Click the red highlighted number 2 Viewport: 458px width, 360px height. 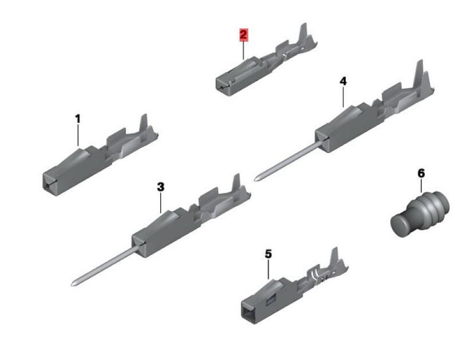244,35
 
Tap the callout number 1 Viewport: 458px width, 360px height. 77,119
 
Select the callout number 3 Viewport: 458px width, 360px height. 161,187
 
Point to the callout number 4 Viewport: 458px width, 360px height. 343,81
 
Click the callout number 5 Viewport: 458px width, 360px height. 268,254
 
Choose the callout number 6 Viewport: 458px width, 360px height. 421,173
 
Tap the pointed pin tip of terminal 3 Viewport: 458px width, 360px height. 73,283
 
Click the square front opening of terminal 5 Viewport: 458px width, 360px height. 247,314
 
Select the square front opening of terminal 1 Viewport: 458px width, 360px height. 48,183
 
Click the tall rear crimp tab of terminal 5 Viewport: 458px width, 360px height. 334,257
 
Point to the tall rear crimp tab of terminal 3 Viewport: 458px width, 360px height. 236,183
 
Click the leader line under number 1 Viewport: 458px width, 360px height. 78,135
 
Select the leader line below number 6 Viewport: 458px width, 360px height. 421,185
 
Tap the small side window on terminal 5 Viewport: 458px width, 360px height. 271,300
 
